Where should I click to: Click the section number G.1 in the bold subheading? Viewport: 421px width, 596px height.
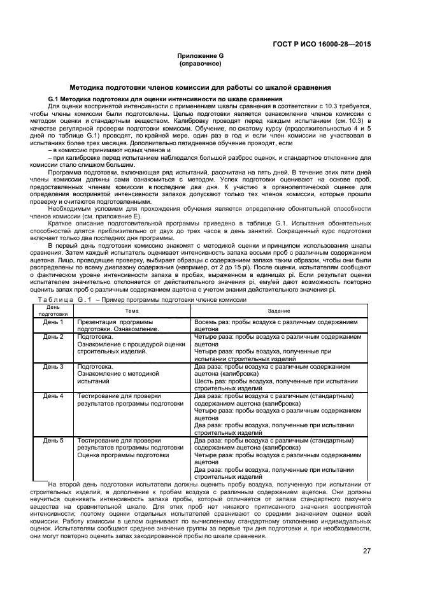click(x=54, y=99)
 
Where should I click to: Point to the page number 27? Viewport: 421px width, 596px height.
click(x=367, y=551)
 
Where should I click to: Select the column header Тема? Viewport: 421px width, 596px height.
click(x=132, y=310)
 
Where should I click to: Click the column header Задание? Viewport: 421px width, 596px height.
click(x=279, y=310)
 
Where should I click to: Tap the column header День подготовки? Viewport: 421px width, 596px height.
click(x=53, y=310)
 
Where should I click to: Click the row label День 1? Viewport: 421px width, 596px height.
click(x=53, y=322)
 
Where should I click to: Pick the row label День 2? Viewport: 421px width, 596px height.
click(x=53, y=336)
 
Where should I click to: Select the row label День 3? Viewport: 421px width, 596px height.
click(x=53, y=366)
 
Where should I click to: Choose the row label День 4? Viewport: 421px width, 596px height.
click(x=53, y=396)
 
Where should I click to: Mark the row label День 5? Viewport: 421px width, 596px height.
click(x=53, y=440)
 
